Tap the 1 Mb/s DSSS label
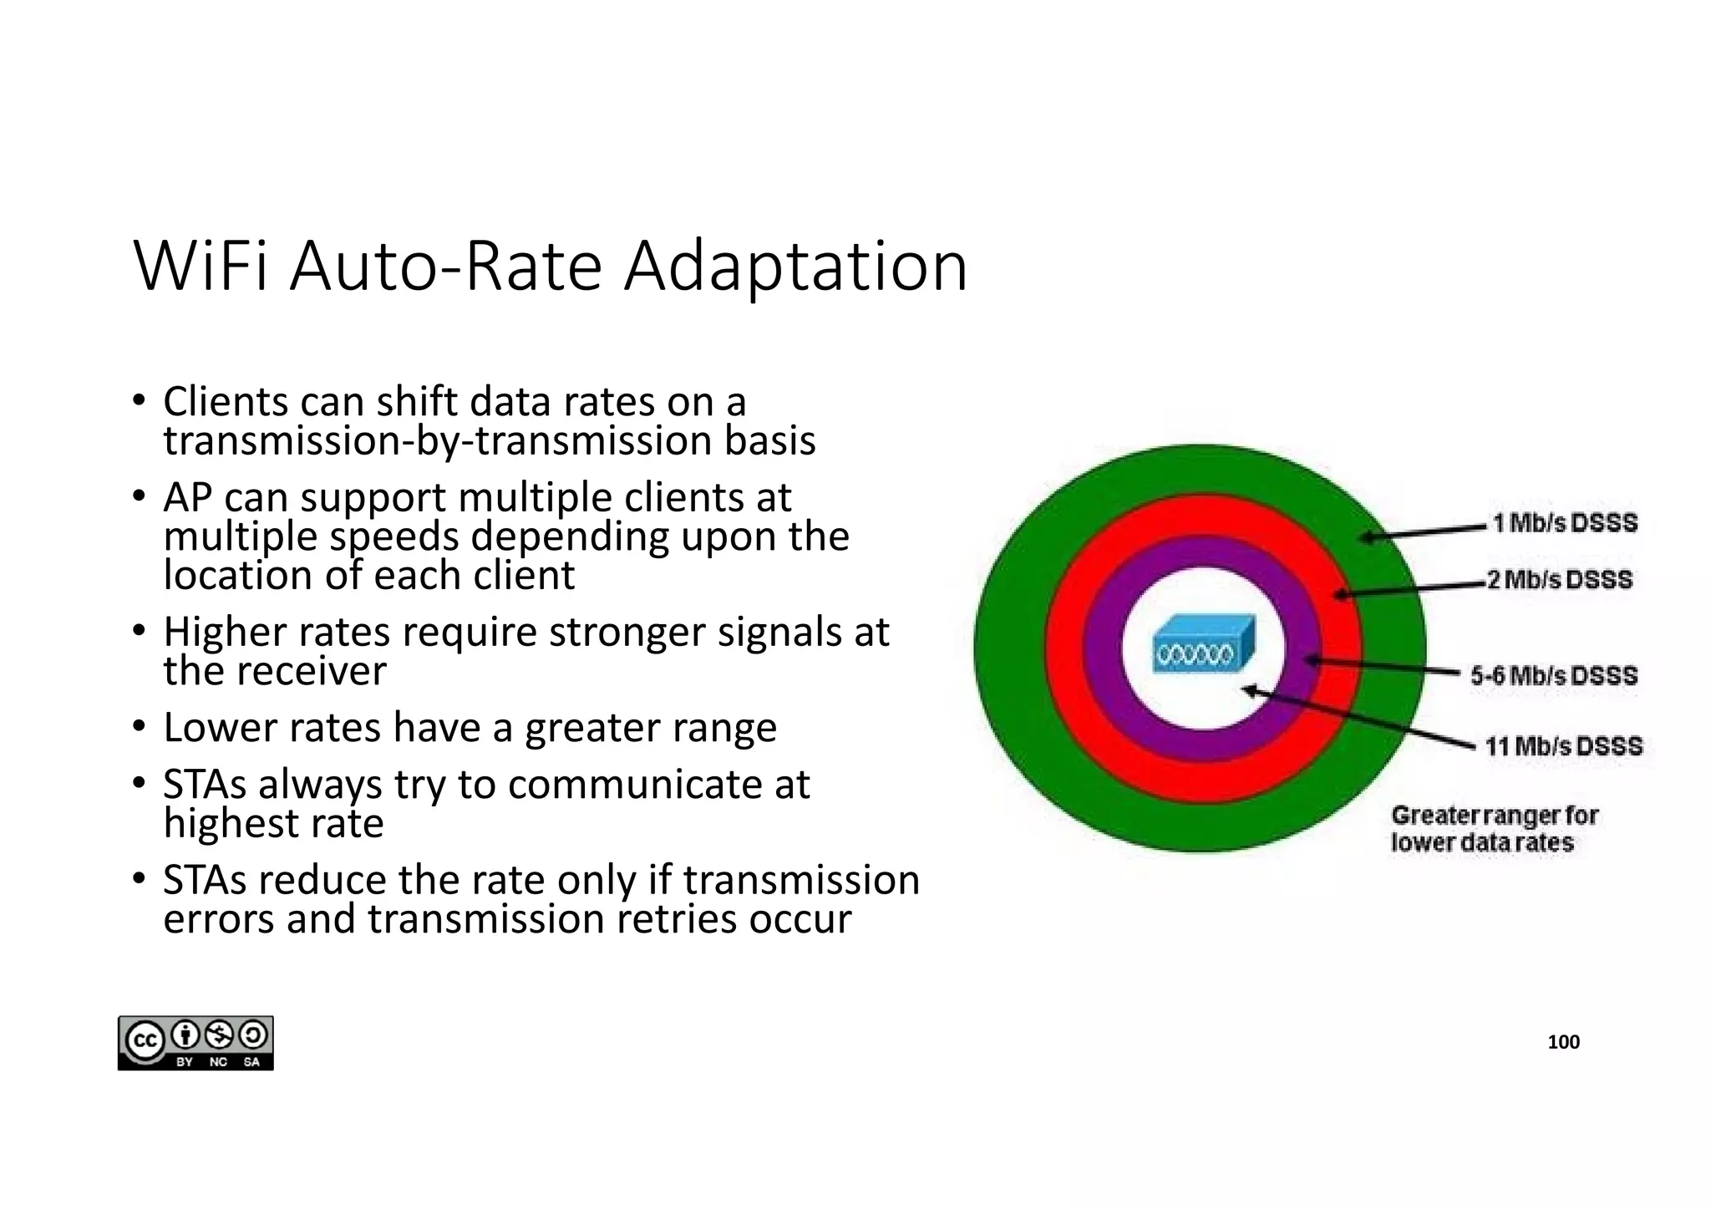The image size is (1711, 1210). point(1565,523)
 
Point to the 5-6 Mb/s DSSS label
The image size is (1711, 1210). point(1554,675)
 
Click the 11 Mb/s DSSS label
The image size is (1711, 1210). point(1563,745)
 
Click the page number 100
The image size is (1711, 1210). point(1563,1042)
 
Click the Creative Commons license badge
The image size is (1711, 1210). point(195,1043)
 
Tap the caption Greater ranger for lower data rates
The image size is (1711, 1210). point(1493,828)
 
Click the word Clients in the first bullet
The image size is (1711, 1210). point(225,402)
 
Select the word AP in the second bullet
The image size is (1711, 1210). point(187,498)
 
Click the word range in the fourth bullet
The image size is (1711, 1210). point(726,728)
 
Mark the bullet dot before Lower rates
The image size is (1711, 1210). point(140,725)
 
